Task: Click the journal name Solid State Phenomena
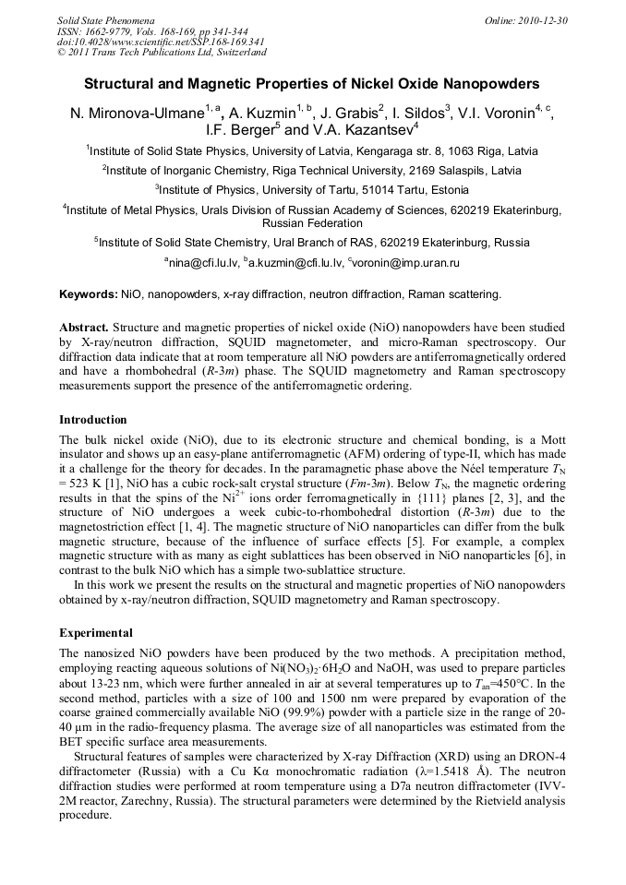tap(105, 20)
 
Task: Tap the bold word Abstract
tap(84, 328)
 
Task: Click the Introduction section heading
tap(93, 420)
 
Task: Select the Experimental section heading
tap(96, 633)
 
